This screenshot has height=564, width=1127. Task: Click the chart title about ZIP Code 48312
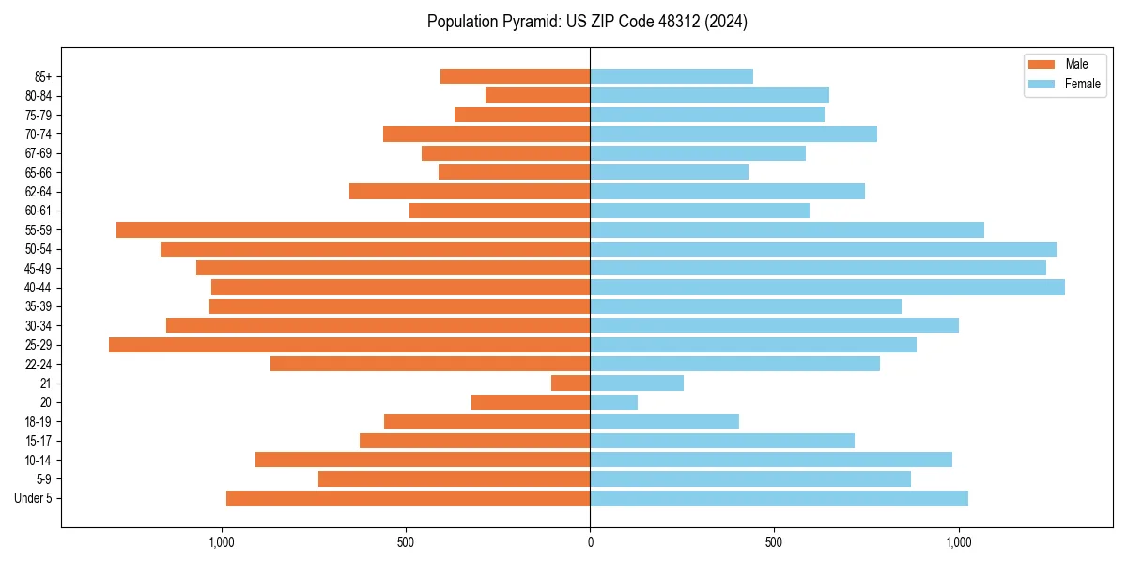(x=587, y=22)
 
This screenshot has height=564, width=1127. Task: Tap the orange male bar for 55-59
(x=353, y=229)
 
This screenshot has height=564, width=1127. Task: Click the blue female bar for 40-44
(x=826, y=287)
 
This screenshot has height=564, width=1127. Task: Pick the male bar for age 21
(x=570, y=383)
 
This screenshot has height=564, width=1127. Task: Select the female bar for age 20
(x=613, y=402)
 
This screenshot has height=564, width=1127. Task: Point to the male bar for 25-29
(x=349, y=345)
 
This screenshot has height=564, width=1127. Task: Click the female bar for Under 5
(x=779, y=498)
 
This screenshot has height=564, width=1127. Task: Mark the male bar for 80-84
(x=537, y=95)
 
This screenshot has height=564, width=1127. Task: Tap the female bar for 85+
(x=671, y=76)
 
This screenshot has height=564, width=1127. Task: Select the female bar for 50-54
(x=823, y=249)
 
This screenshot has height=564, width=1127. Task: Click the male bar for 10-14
(x=423, y=460)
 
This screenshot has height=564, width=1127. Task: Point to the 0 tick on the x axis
(x=590, y=542)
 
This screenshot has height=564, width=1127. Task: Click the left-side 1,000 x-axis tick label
(x=221, y=542)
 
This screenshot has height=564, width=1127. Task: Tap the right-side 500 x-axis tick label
(x=774, y=542)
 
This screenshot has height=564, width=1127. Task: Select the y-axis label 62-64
(x=39, y=192)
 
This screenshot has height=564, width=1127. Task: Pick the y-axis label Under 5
(x=34, y=498)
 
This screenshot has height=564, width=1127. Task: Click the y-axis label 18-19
(x=39, y=421)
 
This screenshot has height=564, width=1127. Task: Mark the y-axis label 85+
(x=43, y=76)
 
